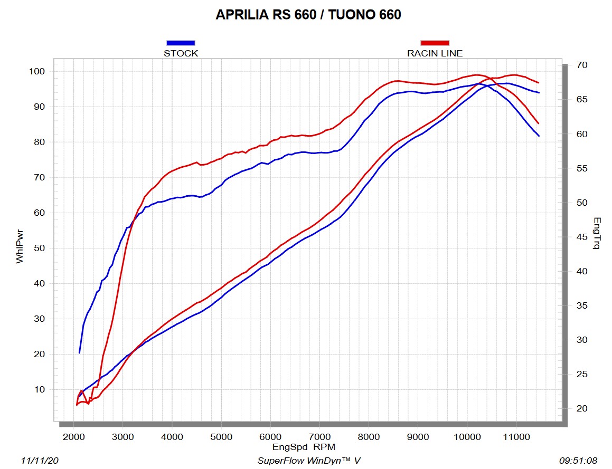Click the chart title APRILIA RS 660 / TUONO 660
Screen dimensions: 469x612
point(308,15)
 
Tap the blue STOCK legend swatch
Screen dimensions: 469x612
point(181,43)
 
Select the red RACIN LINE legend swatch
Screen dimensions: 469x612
point(435,43)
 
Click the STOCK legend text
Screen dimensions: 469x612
point(181,53)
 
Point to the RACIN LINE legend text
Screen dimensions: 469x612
point(435,53)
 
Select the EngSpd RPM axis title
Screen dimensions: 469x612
point(304,447)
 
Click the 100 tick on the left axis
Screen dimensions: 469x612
point(41,71)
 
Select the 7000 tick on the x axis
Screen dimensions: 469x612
point(319,437)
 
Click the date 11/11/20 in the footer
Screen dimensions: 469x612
point(40,461)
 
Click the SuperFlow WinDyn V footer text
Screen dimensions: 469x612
point(309,461)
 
